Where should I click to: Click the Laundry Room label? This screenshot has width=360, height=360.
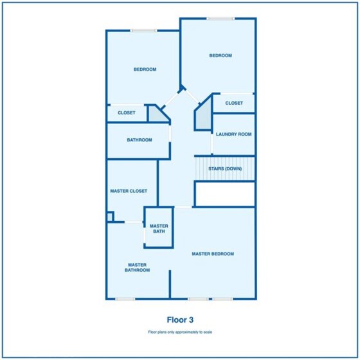click(x=234, y=134)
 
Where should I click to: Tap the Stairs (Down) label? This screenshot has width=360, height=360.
click(x=225, y=168)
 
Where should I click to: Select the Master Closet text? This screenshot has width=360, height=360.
click(x=129, y=191)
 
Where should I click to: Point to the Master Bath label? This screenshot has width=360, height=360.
click(x=159, y=229)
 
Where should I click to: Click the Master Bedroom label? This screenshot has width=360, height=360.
click(x=213, y=254)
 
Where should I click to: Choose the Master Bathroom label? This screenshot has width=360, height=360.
click(x=138, y=267)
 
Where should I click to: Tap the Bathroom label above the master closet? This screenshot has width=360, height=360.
click(x=139, y=140)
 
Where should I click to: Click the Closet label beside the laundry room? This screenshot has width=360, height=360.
click(x=234, y=103)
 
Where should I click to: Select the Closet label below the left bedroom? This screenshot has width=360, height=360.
click(x=126, y=113)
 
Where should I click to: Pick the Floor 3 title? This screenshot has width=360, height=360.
click(x=180, y=320)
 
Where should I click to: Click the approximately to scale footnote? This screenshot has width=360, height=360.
click(x=180, y=332)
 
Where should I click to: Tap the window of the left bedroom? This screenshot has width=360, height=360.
click(x=144, y=31)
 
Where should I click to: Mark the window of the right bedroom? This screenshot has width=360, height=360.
click(x=221, y=19)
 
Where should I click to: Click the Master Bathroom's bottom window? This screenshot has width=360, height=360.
click(x=125, y=299)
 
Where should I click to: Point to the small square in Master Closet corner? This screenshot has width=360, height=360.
click(x=110, y=217)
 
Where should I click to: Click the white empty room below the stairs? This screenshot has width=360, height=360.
click(x=225, y=194)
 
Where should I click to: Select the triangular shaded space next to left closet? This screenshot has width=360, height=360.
click(x=157, y=114)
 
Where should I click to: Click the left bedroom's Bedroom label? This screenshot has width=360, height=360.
click(x=145, y=69)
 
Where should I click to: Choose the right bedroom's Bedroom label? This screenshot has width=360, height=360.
click(x=221, y=55)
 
